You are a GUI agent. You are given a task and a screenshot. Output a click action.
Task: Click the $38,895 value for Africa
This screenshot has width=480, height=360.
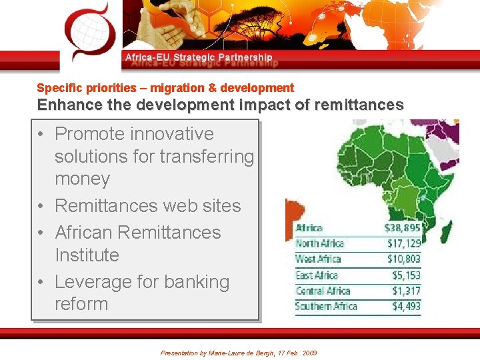[x=402, y=228]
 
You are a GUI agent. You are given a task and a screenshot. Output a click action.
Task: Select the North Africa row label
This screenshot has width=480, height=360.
[x=319, y=244]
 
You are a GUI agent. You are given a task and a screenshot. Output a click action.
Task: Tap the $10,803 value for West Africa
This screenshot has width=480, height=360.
[x=404, y=259]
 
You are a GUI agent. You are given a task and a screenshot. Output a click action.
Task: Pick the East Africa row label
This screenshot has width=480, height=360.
[x=317, y=275]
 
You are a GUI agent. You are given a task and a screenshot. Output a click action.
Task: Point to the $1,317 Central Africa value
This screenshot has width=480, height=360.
[x=406, y=291]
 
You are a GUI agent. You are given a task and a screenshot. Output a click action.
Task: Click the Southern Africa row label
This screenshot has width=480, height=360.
[x=327, y=307]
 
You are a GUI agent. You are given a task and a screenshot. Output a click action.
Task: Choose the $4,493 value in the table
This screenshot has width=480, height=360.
[x=405, y=307]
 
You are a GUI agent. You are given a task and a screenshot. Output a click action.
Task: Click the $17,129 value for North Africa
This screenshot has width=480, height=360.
[x=404, y=244]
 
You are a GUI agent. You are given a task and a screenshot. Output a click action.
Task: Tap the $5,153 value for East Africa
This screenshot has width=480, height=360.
[x=406, y=275]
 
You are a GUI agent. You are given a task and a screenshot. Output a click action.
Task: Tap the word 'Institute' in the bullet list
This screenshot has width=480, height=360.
[x=87, y=255]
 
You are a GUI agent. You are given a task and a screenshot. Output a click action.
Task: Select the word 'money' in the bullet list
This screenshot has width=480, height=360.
[x=82, y=179]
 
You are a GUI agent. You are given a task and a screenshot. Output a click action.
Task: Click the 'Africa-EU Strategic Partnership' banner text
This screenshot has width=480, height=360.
[x=199, y=58]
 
